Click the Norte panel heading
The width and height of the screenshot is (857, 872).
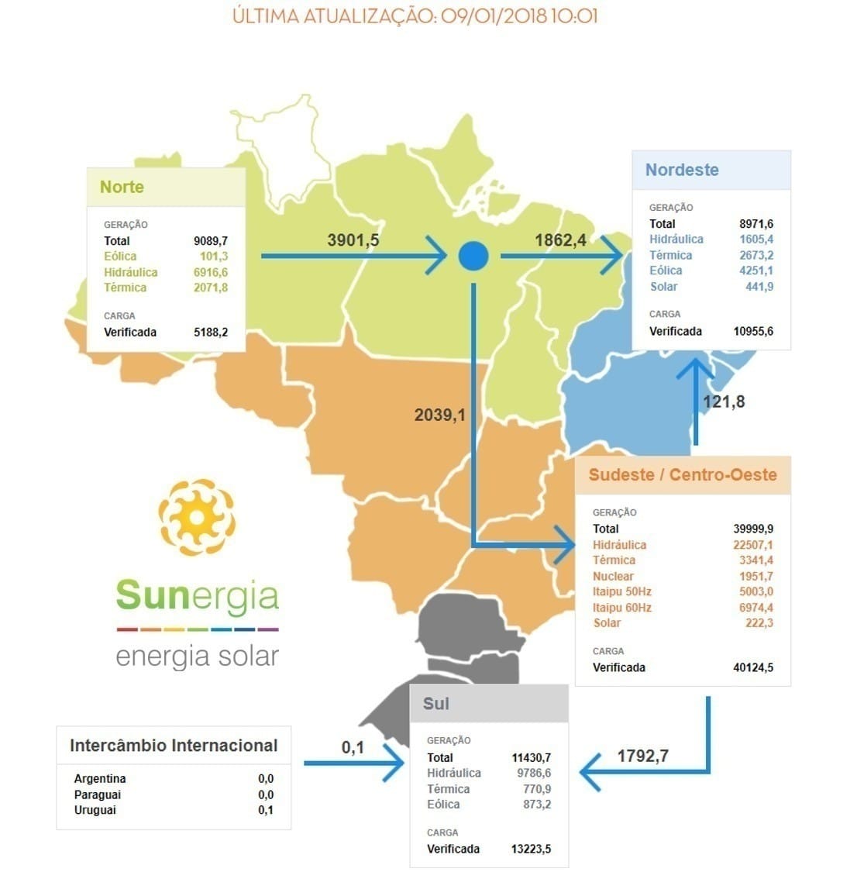pyautogui.click(x=122, y=187)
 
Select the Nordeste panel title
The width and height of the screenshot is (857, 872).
pyautogui.click(x=682, y=170)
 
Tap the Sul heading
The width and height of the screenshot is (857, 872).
pyautogui.click(x=436, y=704)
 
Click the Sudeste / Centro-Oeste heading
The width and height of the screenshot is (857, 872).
pyautogui.click(x=683, y=475)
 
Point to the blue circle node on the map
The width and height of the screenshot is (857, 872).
pyautogui.click(x=473, y=256)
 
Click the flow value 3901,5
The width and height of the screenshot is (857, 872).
pyautogui.click(x=353, y=240)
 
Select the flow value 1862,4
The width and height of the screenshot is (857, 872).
pyautogui.click(x=560, y=240)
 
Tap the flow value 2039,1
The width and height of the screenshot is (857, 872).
pyautogui.click(x=440, y=415)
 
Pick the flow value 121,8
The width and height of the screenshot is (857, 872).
pyautogui.click(x=724, y=402)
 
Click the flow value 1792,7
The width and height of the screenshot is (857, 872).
pyautogui.click(x=643, y=756)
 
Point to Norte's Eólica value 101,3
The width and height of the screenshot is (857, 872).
pyautogui.click(x=213, y=257)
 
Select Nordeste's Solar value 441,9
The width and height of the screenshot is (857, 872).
pyautogui.click(x=759, y=287)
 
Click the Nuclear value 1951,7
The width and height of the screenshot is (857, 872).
pyautogui.click(x=755, y=577)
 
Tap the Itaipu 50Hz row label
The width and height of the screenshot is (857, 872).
pyautogui.click(x=622, y=592)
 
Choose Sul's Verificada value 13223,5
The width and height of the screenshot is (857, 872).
pyautogui.click(x=531, y=849)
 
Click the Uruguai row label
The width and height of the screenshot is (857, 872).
pyautogui.click(x=95, y=810)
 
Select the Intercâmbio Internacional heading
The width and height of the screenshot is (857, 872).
pyautogui.click(x=174, y=746)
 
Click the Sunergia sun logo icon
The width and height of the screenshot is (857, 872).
pyautogui.click(x=197, y=517)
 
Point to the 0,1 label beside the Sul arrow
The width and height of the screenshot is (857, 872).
pyautogui.click(x=353, y=748)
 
